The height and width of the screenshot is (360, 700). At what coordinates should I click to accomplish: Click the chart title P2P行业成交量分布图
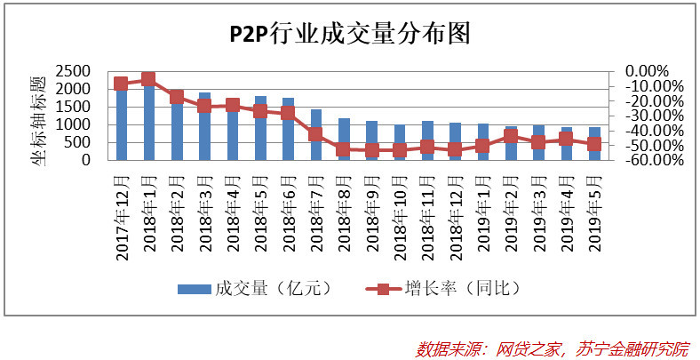tap(349, 34)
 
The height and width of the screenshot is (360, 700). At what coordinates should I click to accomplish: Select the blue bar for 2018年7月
tap(316, 134)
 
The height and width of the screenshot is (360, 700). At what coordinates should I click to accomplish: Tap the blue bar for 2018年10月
tap(400, 142)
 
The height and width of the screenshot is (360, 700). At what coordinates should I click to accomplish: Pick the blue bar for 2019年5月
tap(594, 143)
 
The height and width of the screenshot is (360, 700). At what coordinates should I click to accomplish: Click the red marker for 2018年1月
tap(148, 79)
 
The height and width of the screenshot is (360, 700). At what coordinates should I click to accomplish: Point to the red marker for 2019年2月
tap(511, 136)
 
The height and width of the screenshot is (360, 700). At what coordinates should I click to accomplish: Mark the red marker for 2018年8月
tap(344, 149)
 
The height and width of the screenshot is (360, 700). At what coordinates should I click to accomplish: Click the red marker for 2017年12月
tap(121, 84)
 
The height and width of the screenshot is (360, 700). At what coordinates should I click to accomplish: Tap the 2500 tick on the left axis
tap(73, 71)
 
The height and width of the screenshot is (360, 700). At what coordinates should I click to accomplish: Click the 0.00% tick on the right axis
tap(647, 71)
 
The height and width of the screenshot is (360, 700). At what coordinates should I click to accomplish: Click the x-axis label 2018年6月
tap(289, 213)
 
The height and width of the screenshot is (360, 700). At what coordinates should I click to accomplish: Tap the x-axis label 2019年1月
tap(484, 213)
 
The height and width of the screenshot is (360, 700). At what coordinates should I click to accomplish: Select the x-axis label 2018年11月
tap(428, 218)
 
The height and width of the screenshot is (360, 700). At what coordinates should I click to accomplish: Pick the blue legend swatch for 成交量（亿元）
tap(195, 289)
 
